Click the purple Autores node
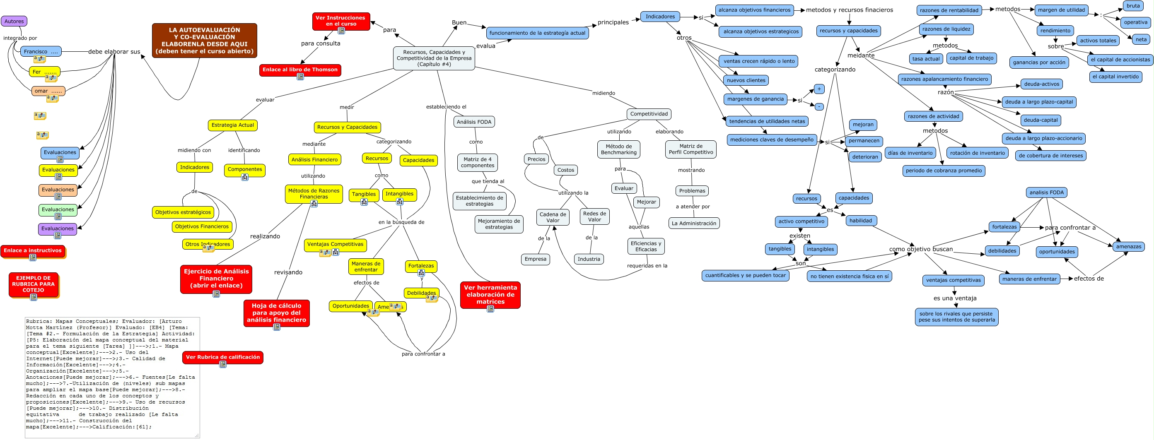14,21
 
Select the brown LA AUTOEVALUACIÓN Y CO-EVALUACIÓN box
204,40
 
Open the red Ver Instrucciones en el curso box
341,21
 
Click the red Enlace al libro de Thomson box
300,70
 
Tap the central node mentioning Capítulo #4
434,58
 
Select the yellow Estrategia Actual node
232,125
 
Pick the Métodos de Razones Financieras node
314,193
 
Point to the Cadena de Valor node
553,217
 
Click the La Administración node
693,223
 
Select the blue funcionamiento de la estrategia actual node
537,33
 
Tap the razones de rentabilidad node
949,10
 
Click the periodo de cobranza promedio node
944,171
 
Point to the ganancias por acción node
1039,62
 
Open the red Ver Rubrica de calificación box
223,357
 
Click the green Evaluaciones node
58,209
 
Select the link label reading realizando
265,236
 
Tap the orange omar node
48,91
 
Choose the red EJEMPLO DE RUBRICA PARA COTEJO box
34,284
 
